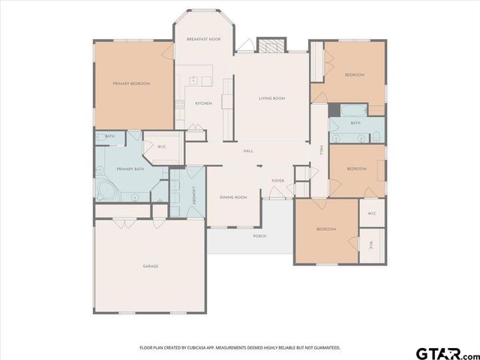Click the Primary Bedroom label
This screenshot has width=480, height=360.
[131, 83]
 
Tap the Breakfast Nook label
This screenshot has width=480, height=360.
[203, 38]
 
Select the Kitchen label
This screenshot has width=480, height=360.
[203, 103]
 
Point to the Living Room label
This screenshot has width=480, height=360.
[271, 98]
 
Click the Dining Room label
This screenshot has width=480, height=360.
[233, 197]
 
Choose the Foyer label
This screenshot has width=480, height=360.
[277, 181]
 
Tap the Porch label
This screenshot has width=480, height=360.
[259, 235]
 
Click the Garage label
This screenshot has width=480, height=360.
[151, 266]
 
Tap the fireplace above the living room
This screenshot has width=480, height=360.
[271, 45]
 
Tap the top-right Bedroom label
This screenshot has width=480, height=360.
[354, 75]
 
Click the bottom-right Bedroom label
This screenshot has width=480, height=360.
[325, 229]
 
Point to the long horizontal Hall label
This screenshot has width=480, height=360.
[248, 151]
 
